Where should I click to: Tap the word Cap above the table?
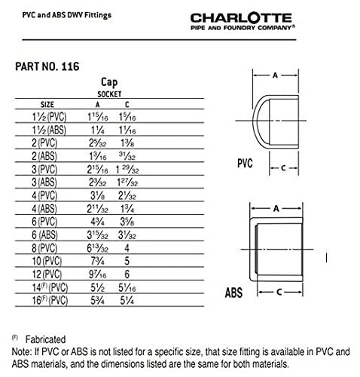[x=110, y=84]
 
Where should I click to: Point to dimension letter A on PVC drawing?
[x=275, y=75]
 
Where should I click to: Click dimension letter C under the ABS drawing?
[x=278, y=290]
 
